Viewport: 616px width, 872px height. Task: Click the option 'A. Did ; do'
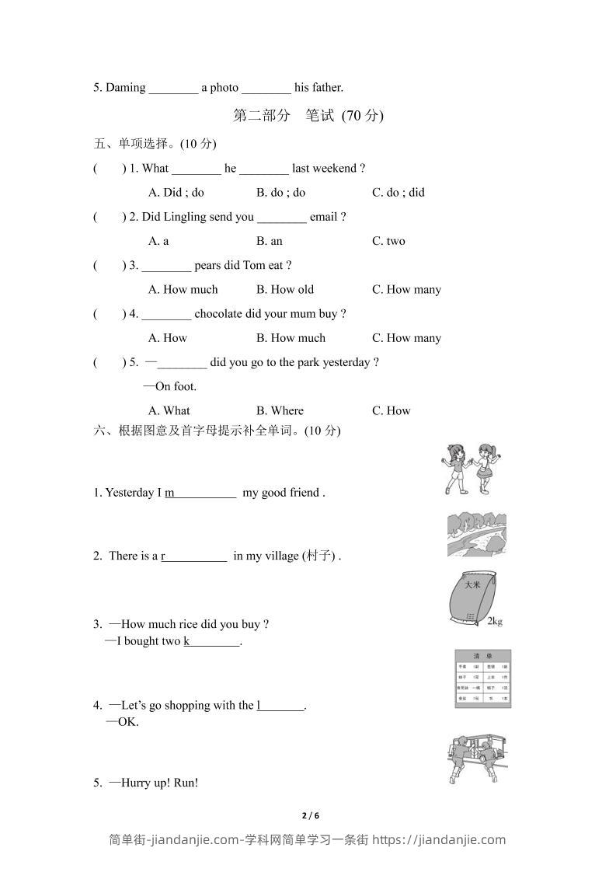(x=176, y=193)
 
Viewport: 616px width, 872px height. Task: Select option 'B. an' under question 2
(x=269, y=241)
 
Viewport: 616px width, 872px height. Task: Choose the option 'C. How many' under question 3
(x=406, y=290)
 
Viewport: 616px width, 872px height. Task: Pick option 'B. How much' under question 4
(x=291, y=338)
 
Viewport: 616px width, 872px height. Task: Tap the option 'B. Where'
(x=280, y=410)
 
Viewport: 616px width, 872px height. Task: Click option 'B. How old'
(x=284, y=290)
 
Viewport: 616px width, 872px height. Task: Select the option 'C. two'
(x=388, y=241)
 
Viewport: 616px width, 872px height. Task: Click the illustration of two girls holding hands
(x=470, y=469)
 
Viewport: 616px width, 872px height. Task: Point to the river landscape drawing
(x=477, y=534)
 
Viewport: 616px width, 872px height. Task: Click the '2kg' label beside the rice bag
(x=495, y=621)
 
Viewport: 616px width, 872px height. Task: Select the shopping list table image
(x=482, y=679)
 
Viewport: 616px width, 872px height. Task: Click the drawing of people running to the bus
(x=477, y=759)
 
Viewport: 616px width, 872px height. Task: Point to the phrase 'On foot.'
(x=176, y=386)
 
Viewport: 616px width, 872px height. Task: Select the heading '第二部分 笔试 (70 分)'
(x=308, y=116)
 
